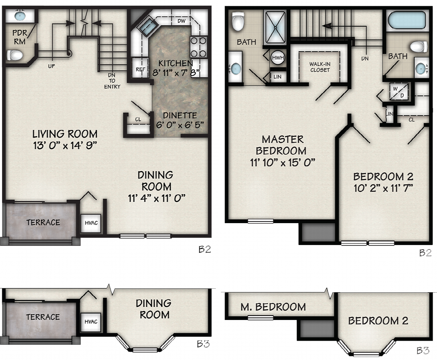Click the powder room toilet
(15, 55)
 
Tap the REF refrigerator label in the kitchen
(141, 70)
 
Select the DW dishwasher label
(181, 21)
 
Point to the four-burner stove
(198, 47)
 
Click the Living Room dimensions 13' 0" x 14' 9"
(65, 146)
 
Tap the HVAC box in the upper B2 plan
(91, 223)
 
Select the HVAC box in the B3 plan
(91, 322)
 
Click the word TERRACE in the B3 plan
(43, 317)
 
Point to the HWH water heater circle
(278, 57)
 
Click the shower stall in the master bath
(275, 27)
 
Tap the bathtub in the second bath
(407, 20)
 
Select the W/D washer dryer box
(399, 92)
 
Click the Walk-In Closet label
(320, 67)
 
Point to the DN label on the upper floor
(365, 59)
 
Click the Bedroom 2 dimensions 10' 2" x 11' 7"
(383, 188)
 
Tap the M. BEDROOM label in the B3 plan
(273, 307)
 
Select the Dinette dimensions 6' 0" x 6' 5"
(180, 125)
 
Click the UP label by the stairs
(51, 66)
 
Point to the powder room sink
(20, 16)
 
